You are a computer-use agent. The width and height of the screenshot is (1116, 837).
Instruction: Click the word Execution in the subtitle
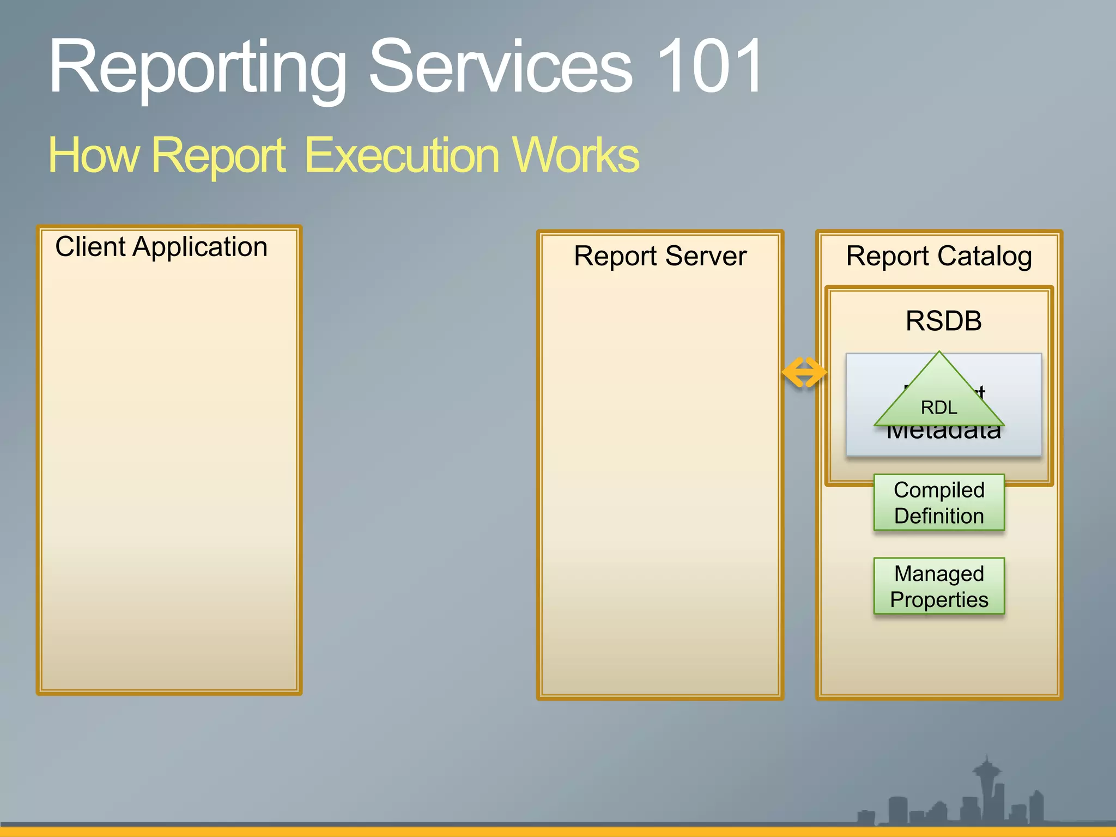(x=401, y=155)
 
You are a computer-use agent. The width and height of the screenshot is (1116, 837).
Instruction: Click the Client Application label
(x=161, y=247)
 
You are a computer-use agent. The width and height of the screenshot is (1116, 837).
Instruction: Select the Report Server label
(x=660, y=256)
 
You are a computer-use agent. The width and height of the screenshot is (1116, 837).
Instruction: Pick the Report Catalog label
(x=939, y=256)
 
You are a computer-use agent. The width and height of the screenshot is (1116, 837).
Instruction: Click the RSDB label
(x=943, y=320)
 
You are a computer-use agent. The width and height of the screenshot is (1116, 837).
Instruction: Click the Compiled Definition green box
(x=939, y=502)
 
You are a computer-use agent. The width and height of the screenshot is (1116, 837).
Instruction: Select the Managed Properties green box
(x=939, y=586)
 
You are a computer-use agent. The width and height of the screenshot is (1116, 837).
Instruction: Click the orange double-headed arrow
(x=804, y=373)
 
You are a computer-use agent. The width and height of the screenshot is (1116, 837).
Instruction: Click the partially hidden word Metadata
(x=943, y=434)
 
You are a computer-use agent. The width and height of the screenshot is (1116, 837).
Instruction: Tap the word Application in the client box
(x=200, y=247)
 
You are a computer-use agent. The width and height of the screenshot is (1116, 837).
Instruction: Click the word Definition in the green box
(x=939, y=516)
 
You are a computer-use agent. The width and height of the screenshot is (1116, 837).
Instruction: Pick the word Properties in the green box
(x=939, y=600)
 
